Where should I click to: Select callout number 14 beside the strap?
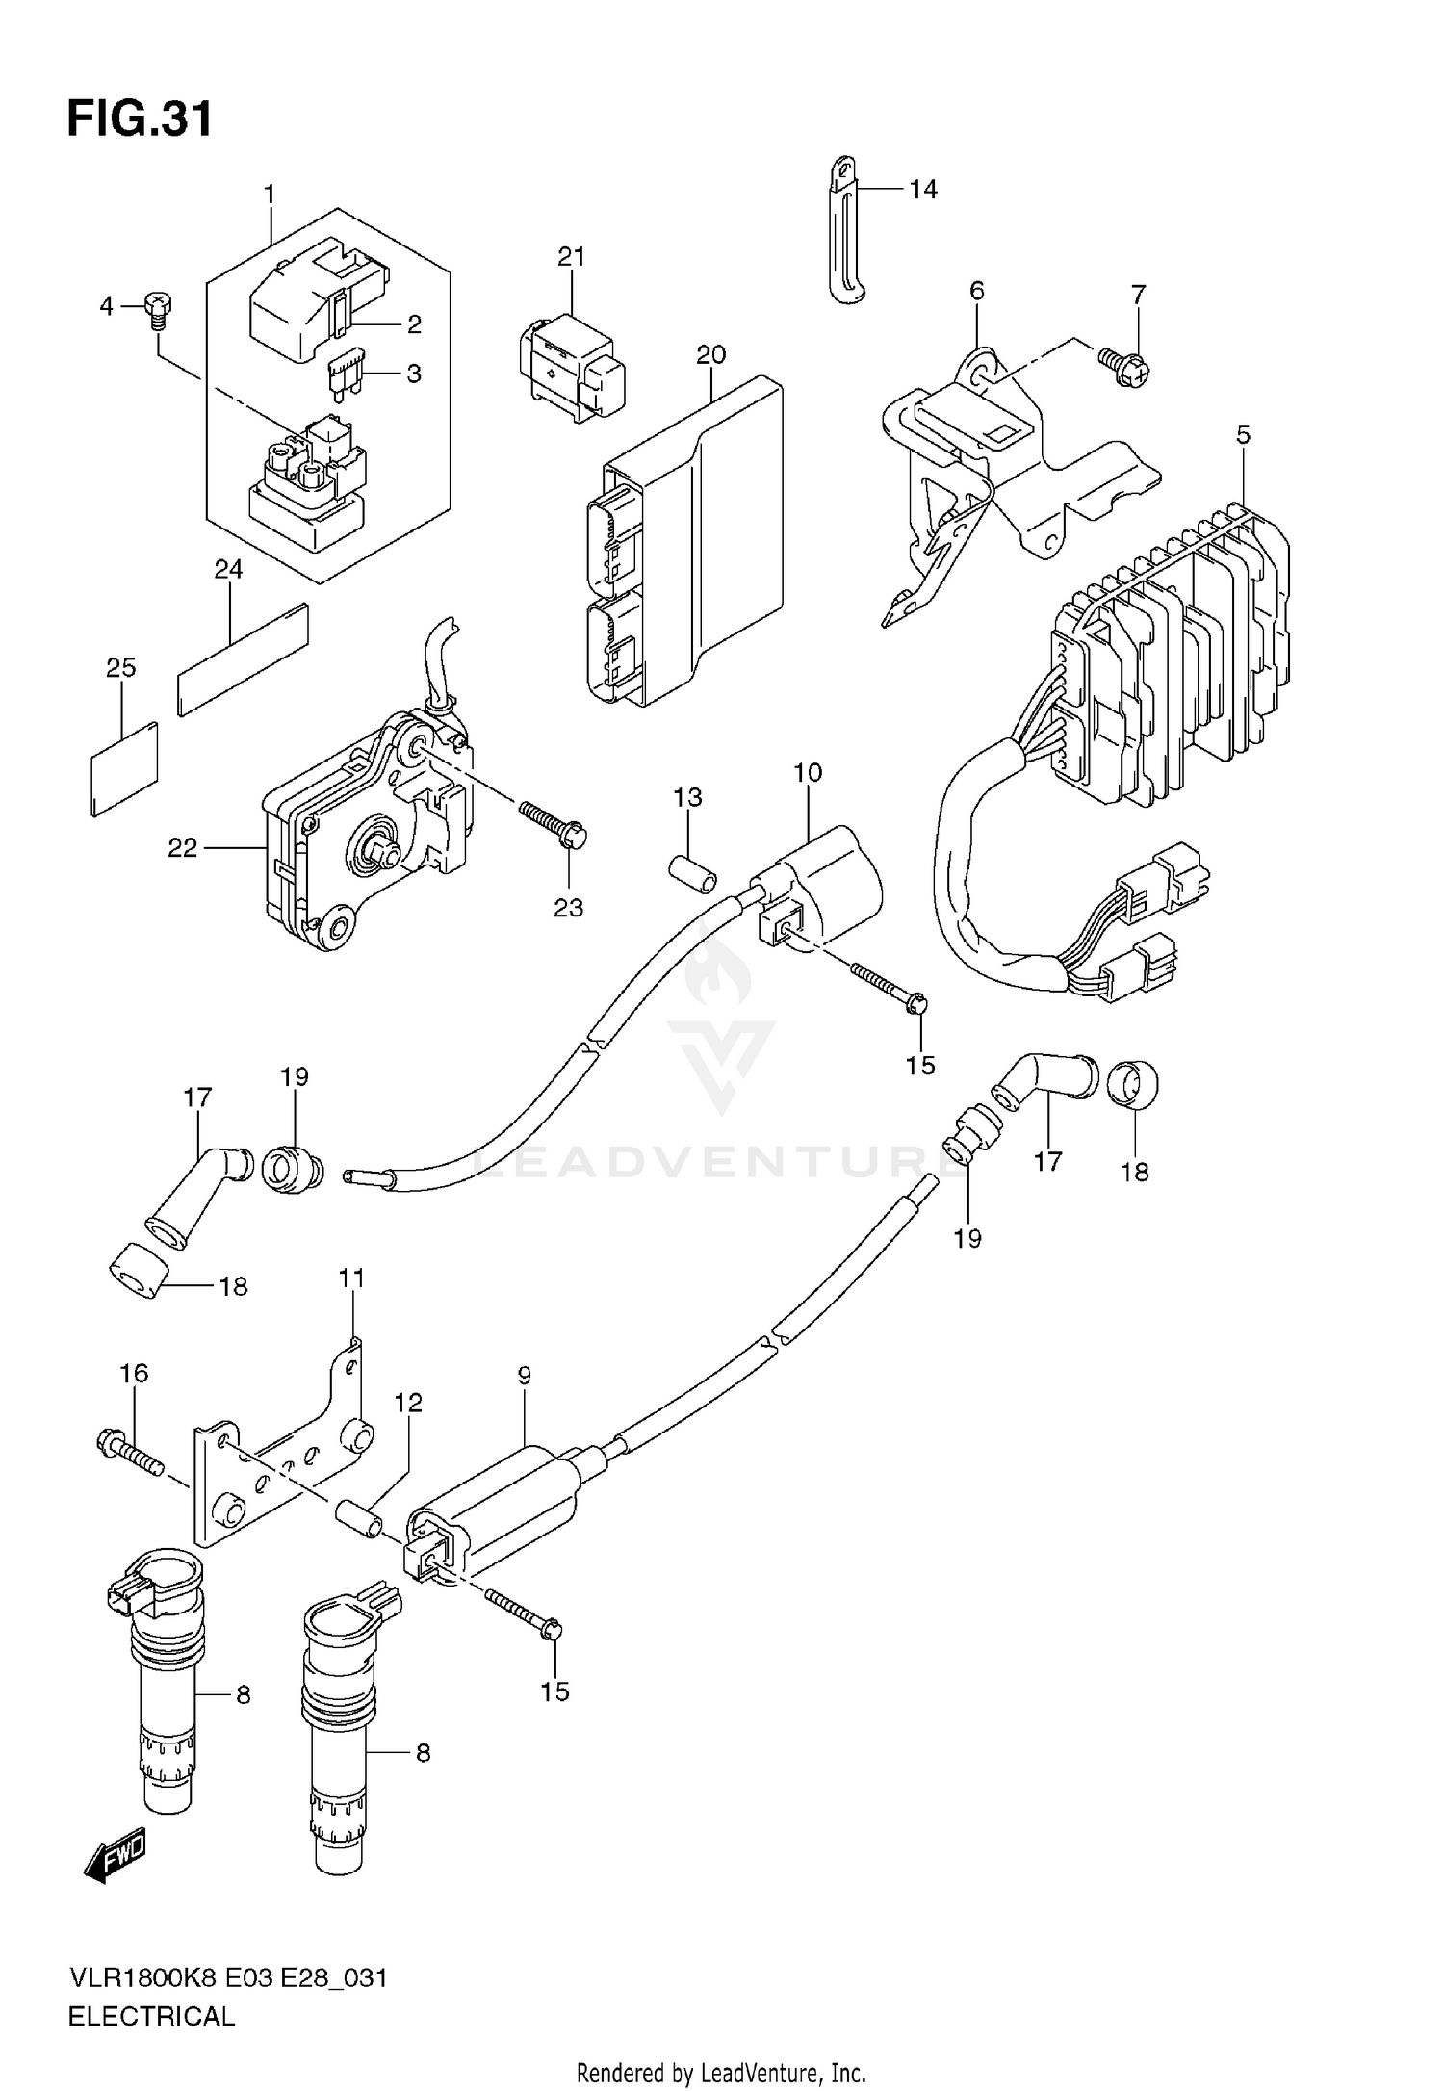(x=922, y=190)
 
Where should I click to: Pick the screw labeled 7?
(x=1124, y=367)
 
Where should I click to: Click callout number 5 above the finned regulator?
(x=1243, y=435)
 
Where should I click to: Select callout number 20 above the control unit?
(x=710, y=355)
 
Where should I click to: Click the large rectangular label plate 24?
(x=244, y=659)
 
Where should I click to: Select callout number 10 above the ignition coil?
(x=808, y=772)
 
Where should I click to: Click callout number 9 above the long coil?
(x=524, y=1376)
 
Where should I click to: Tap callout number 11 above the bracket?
(x=351, y=1278)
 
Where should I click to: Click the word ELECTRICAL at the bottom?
(x=151, y=2017)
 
